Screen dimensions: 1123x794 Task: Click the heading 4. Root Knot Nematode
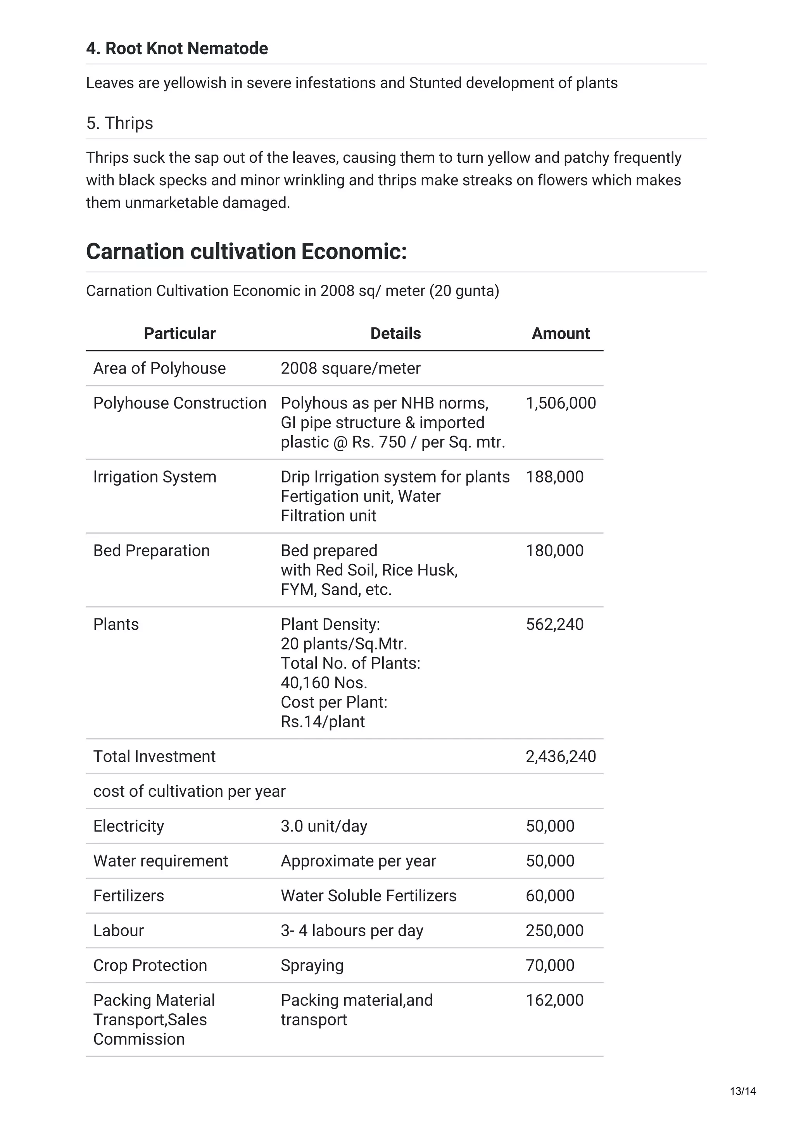coord(177,48)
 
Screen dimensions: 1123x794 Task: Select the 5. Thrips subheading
coord(119,123)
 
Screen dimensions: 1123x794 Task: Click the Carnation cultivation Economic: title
coord(246,251)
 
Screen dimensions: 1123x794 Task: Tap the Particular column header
coord(180,333)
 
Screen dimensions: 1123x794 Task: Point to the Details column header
coord(395,333)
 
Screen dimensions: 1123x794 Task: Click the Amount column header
coord(560,333)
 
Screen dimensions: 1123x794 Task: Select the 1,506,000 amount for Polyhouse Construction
coord(561,403)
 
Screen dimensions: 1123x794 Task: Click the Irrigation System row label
coord(155,477)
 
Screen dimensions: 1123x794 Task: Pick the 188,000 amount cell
coord(554,477)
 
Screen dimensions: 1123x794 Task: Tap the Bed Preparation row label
coord(151,551)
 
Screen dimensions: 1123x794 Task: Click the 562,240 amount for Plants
coord(554,625)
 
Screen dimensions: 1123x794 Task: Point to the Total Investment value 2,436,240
coord(561,757)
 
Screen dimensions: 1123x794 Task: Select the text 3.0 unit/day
coord(323,826)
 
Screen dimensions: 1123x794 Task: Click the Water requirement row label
coord(161,861)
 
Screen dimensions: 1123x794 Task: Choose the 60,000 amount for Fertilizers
coord(550,896)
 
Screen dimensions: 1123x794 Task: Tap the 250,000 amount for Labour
coord(554,930)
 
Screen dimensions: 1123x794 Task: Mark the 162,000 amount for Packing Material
coord(554,1000)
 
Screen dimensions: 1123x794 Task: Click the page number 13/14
coord(742,1091)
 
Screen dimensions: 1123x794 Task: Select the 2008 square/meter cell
coord(350,368)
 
